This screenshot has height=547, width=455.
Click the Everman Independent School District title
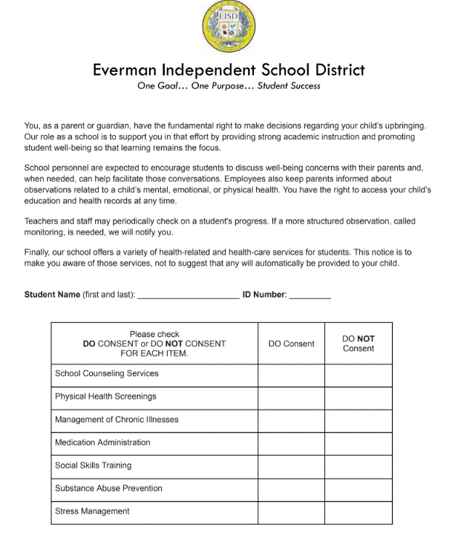[x=229, y=71]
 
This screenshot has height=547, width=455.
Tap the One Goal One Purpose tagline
[x=229, y=86]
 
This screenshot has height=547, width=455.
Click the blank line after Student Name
[x=189, y=295]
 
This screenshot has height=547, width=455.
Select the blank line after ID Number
[x=310, y=295]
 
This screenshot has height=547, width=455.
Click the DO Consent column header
[x=291, y=344]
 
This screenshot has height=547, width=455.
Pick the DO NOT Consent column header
[x=359, y=344]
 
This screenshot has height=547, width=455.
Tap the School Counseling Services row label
[x=107, y=373]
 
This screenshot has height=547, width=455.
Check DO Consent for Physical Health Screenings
[x=291, y=396]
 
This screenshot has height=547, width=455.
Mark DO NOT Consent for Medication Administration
[x=359, y=442]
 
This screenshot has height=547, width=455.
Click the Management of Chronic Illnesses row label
[x=117, y=419]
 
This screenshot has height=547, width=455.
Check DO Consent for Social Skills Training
[x=291, y=465]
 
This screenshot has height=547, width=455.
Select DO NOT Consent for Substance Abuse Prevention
[x=359, y=488]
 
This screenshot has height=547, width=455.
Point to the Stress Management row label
[x=92, y=511]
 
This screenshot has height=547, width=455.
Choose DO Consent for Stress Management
[x=291, y=511]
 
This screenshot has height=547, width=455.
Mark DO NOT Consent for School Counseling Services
[x=359, y=373]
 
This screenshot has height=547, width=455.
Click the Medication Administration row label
[x=102, y=442]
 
